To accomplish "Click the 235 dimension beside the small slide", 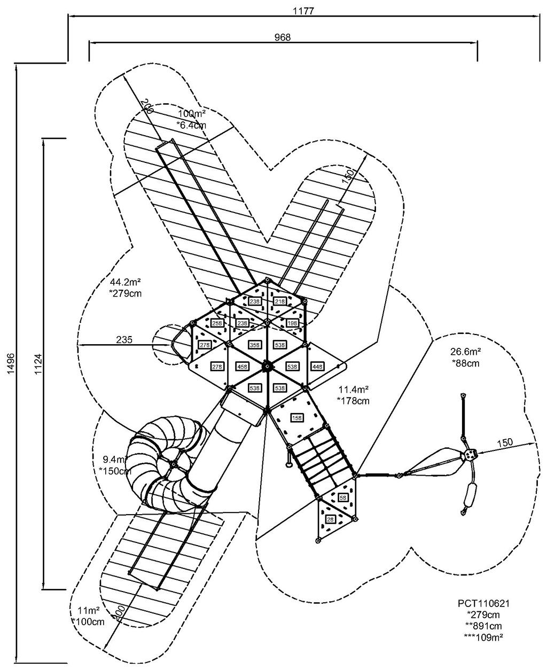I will point(123,340).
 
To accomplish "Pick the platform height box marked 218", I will point(279,302).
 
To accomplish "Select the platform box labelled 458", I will point(241,367).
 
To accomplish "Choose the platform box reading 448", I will point(317,367).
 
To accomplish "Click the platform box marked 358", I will point(255,345).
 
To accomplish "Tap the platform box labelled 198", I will point(292,323).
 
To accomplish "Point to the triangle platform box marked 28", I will point(331,518).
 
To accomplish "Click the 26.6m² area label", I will point(465,352).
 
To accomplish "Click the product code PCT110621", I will point(483,603).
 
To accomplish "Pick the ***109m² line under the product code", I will point(484,636).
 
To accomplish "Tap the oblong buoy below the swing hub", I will point(471,497).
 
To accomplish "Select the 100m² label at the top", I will point(192,114).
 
